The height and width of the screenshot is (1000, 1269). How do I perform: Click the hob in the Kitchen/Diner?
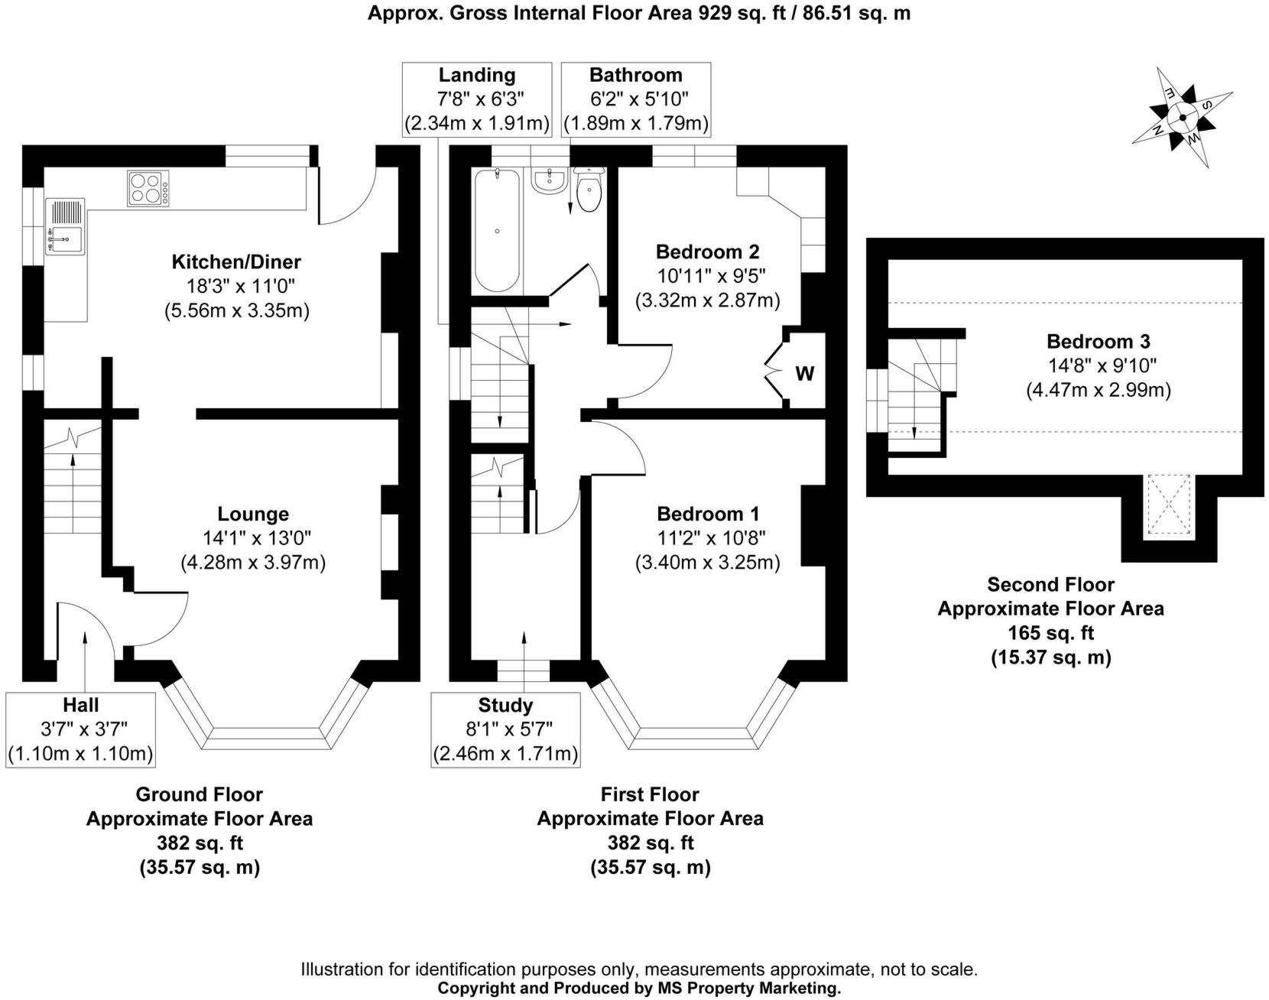click(148, 188)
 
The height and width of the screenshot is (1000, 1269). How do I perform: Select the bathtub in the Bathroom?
click(498, 230)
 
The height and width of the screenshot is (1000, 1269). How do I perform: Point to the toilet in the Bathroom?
click(589, 189)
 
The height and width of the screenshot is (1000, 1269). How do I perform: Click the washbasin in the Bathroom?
click(548, 180)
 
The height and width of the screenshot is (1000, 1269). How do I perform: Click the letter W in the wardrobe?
click(805, 373)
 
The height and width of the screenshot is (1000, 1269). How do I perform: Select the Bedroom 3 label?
click(1099, 341)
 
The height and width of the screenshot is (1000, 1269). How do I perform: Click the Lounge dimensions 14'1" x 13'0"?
click(253, 538)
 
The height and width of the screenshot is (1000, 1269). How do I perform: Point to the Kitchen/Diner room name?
click(236, 261)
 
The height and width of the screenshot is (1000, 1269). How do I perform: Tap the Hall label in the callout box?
click(81, 705)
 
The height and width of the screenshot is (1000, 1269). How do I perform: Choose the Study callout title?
click(505, 705)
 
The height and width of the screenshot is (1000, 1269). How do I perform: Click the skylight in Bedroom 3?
click(1169, 505)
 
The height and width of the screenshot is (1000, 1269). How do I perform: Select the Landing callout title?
click(477, 75)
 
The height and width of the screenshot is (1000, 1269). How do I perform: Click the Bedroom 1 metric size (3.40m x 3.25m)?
click(708, 563)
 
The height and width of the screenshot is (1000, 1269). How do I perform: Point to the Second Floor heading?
click(1051, 585)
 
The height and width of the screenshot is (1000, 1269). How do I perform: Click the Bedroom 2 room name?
click(708, 252)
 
